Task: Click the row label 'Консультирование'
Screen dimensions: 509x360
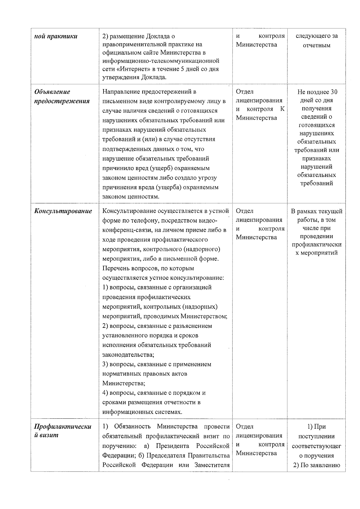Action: [63, 211]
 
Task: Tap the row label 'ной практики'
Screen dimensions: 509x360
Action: [56, 37]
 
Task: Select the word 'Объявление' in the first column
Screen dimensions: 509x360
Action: [52, 92]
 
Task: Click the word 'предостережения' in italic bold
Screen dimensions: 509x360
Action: [62, 101]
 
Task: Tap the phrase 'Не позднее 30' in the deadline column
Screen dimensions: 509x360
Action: [317, 92]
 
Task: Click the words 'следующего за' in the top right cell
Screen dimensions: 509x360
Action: [316, 36]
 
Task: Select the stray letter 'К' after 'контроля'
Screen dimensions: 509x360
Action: [282, 109]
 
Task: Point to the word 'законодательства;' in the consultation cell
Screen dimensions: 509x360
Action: [128, 355]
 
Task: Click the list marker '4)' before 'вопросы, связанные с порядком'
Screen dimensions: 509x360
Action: [105, 393]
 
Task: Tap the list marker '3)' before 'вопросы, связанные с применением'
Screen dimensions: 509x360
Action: [105, 364]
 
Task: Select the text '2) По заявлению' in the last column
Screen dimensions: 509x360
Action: [316, 465]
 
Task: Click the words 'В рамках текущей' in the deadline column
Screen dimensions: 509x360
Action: [316, 211]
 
